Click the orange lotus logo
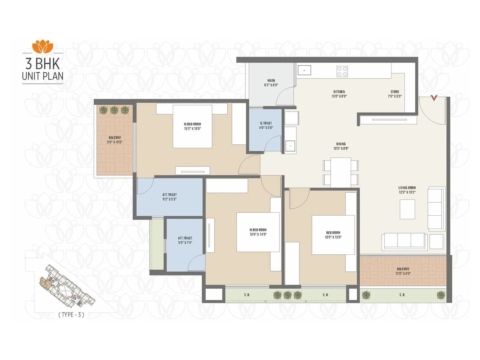[x=43, y=46]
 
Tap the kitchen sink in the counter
[x=304, y=70]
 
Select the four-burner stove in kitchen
[x=342, y=71]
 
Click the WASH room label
[x=271, y=82]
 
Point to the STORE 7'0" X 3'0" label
[x=394, y=94]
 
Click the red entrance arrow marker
[x=434, y=97]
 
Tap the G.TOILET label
[x=266, y=125]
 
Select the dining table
[x=341, y=172]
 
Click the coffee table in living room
[x=407, y=209]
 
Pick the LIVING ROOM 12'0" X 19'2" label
[x=407, y=190]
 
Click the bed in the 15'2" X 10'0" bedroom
[x=192, y=126]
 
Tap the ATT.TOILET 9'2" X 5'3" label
[x=169, y=197]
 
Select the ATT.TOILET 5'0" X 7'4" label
[x=185, y=240]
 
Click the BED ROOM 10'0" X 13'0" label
[x=333, y=235]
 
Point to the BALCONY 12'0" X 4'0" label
[x=403, y=271]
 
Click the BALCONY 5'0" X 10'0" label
[x=115, y=140]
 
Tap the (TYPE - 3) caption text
[x=71, y=314]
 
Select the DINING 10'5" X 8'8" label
[x=341, y=146]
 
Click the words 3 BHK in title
[x=43, y=64]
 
